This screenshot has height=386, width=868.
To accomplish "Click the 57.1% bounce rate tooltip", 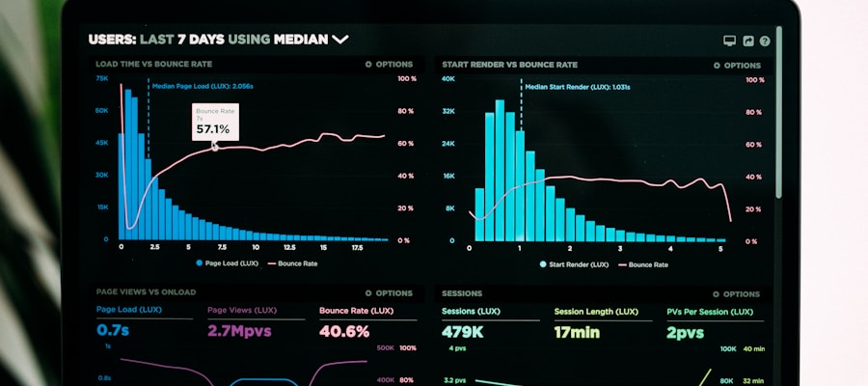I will pyautogui.click(x=214, y=123).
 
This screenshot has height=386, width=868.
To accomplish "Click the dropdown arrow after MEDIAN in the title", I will pyautogui.click(x=339, y=40).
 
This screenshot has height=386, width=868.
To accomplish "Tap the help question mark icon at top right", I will pyautogui.click(x=765, y=41).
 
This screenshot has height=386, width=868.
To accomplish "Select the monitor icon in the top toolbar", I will pyautogui.click(x=730, y=41).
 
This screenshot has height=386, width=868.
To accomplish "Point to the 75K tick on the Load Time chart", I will pyautogui.click(x=102, y=78).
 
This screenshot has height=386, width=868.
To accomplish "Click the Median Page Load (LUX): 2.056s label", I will pyautogui.click(x=203, y=86).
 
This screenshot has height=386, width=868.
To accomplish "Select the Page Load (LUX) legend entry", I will pyautogui.click(x=228, y=262).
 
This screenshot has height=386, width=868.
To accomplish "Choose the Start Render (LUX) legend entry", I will pyautogui.click(x=575, y=263).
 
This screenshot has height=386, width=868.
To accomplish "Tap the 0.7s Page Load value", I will pyautogui.click(x=114, y=331).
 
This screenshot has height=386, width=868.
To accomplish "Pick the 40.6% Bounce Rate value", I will pyautogui.click(x=343, y=331).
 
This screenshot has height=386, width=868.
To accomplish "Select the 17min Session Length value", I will pyautogui.click(x=577, y=332).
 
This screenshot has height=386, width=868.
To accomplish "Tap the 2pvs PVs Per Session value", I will pyautogui.click(x=686, y=332).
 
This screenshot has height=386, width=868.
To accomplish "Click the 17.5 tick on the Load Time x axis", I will pyautogui.click(x=356, y=247).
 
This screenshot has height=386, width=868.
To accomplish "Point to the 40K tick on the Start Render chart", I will pyautogui.click(x=448, y=79).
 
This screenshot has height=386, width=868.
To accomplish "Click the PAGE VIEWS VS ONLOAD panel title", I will pyautogui.click(x=146, y=291).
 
